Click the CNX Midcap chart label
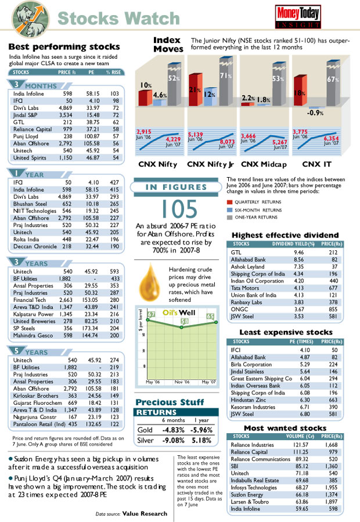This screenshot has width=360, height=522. (x=265, y=164)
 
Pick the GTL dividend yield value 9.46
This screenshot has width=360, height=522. (x=299, y=253)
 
